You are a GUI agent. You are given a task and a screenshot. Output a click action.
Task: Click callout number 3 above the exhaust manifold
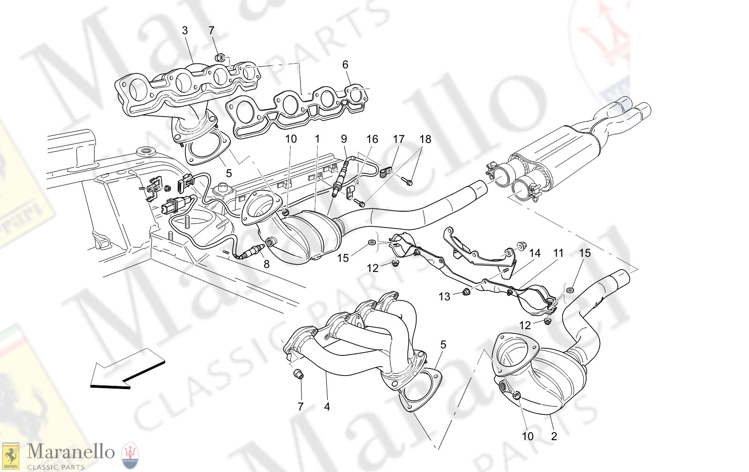click(185, 30)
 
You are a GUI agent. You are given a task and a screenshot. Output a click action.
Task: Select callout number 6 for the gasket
click(345, 65)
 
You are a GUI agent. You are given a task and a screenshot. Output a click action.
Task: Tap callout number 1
click(317, 139)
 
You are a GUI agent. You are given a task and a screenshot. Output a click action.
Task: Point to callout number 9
click(344, 139)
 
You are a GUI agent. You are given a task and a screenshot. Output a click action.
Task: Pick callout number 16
click(372, 139)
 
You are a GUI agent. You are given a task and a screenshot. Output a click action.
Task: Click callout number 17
click(398, 139)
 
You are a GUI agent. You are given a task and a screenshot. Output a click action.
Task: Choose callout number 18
click(425, 139)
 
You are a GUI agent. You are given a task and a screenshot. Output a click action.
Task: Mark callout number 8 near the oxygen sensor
click(266, 264)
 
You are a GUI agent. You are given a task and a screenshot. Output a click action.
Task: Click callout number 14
click(535, 253)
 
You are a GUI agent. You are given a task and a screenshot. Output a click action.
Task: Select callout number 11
click(558, 253)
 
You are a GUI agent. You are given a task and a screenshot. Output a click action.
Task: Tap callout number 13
click(444, 296)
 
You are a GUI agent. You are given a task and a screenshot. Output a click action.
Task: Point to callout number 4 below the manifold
click(327, 407)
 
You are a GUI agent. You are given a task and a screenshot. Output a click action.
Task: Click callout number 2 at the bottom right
click(554, 436)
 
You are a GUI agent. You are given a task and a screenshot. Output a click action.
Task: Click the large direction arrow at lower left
click(126, 370)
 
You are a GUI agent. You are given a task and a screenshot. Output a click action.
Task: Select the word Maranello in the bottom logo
click(71, 452)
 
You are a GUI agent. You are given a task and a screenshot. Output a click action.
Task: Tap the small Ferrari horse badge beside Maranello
click(11, 456)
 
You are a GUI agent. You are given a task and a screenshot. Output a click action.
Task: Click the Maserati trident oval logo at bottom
click(130, 456)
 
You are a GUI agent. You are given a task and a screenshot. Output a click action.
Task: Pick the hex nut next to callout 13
click(466, 293)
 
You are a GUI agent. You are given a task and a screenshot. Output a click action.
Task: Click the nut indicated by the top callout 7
click(220, 58)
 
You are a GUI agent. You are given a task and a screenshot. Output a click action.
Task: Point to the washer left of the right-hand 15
click(569, 290)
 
